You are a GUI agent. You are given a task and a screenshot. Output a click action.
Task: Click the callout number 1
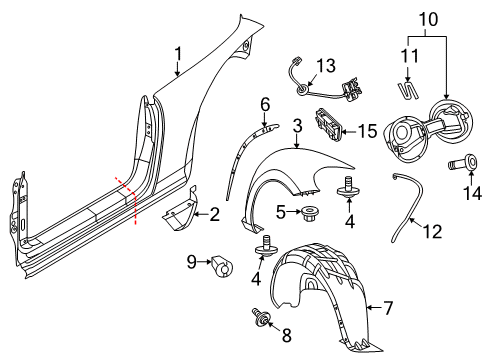(178, 54)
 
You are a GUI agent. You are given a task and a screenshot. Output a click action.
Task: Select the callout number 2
(214, 214)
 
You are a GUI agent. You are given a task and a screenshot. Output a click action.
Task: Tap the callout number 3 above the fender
(297, 126)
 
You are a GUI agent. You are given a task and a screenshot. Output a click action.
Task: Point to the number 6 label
(265, 105)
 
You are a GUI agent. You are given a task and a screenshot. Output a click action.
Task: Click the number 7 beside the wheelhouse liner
(388, 308)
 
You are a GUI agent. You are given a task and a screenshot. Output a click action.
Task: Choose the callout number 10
(428, 19)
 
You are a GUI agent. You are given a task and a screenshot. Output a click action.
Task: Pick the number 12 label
(432, 231)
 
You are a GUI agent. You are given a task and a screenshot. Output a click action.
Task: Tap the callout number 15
(367, 131)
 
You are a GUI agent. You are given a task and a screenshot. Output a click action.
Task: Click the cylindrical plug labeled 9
(222, 266)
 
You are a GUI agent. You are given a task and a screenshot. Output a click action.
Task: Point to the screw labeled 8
(260, 316)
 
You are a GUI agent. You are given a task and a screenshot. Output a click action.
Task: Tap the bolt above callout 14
(464, 162)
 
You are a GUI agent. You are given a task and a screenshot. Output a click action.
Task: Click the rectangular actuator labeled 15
(329, 124)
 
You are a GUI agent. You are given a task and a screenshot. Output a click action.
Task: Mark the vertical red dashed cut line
(135, 209)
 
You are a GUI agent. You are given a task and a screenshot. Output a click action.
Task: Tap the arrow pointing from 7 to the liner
(374, 308)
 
